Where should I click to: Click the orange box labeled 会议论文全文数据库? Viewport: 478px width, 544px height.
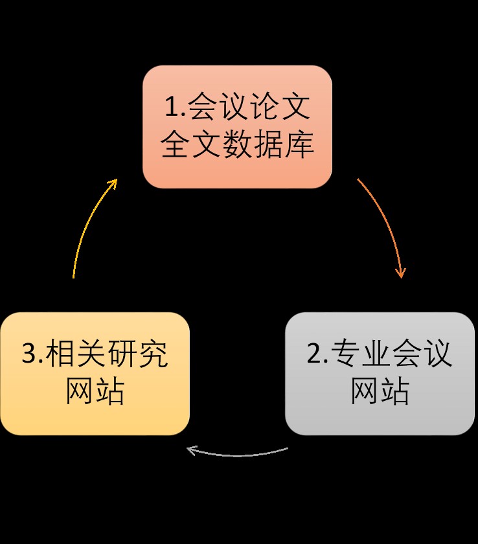coord(237,127)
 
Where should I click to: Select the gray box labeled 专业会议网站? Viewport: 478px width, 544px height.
coord(380,374)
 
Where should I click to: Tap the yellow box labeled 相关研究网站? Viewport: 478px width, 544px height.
coord(95,374)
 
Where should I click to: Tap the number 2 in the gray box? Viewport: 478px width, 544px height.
coord(314,355)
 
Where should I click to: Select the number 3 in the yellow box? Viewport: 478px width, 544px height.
coord(29,355)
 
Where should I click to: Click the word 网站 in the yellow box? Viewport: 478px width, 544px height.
coord(95,392)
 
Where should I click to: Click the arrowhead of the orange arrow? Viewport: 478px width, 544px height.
coord(401,273)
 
